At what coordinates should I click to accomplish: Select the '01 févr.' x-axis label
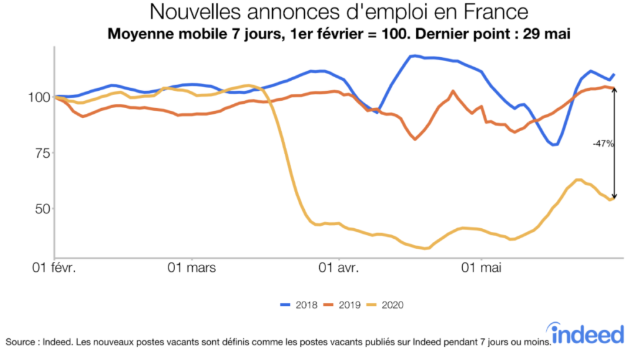point(54,269)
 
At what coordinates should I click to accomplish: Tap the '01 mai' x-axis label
point(482,269)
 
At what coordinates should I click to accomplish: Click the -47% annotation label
point(603,144)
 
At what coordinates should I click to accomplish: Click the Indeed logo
point(588,334)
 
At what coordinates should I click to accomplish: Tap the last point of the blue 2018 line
point(614,75)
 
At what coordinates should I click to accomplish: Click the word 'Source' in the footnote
point(21,341)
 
